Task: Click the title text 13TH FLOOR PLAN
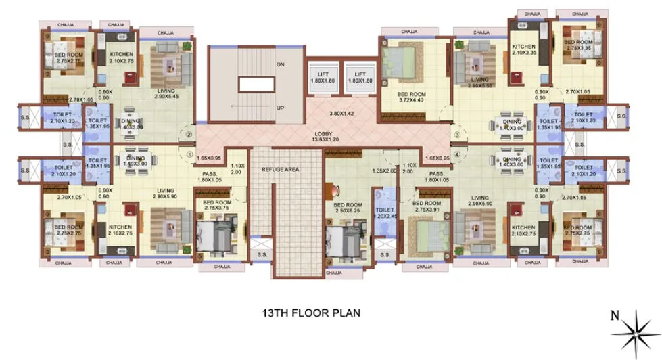311,313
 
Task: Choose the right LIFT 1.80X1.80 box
360,77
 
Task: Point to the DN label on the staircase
280,65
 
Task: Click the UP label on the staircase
280,108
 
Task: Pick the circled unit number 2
190,135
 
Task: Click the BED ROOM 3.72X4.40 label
410,97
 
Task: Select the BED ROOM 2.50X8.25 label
348,208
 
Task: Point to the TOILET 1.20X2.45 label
385,213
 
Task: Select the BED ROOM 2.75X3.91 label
427,206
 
